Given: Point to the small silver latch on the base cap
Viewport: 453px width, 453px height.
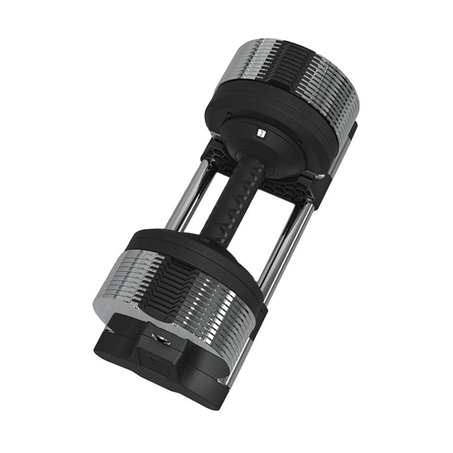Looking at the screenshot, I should [x=161, y=340].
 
